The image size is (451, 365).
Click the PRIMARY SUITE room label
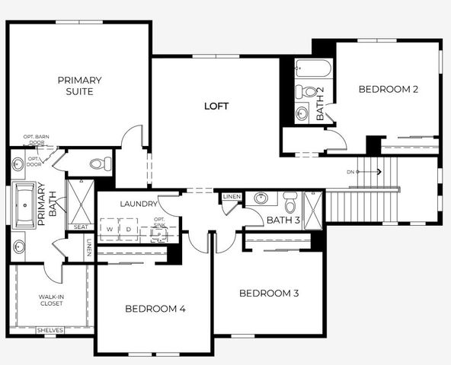point(79,85)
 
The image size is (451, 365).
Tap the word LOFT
point(216,106)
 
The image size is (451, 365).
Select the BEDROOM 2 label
point(389,89)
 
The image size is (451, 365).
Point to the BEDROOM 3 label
point(269,294)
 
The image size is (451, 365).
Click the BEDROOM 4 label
point(155,309)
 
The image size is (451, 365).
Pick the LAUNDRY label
point(138,204)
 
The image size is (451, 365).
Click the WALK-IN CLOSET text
point(51,300)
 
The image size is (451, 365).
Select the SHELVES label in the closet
point(51,331)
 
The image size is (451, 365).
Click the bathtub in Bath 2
point(312,69)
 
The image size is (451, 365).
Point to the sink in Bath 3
point(261,199)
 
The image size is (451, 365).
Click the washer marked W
point(110,229)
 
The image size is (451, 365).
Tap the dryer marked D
point(129,229)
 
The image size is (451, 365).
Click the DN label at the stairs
point(350,172)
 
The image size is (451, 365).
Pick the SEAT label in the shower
point(79,227)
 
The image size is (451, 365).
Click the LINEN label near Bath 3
point(232,197)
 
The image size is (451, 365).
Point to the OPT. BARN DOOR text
point(36,139)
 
